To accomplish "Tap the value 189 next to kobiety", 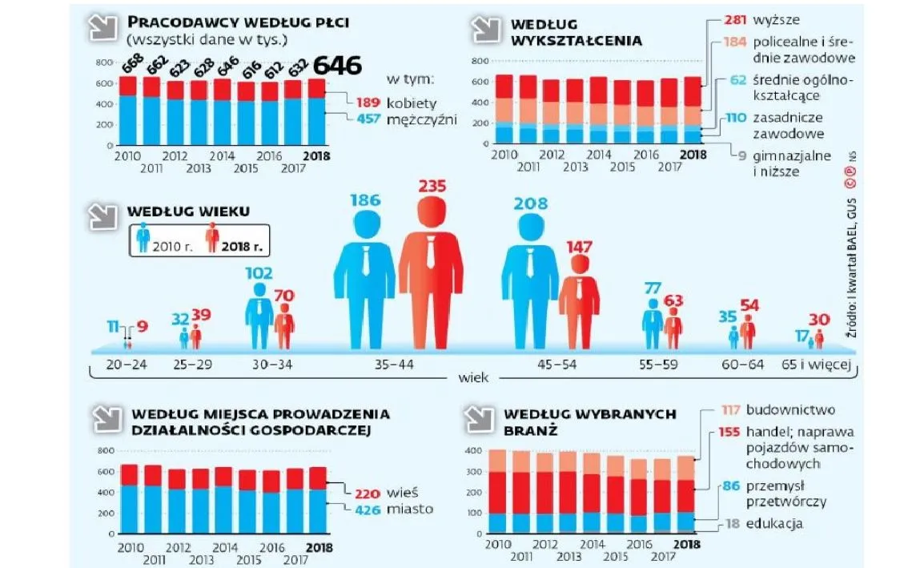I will [360, 102].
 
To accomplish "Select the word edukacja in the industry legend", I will [773, 524].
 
